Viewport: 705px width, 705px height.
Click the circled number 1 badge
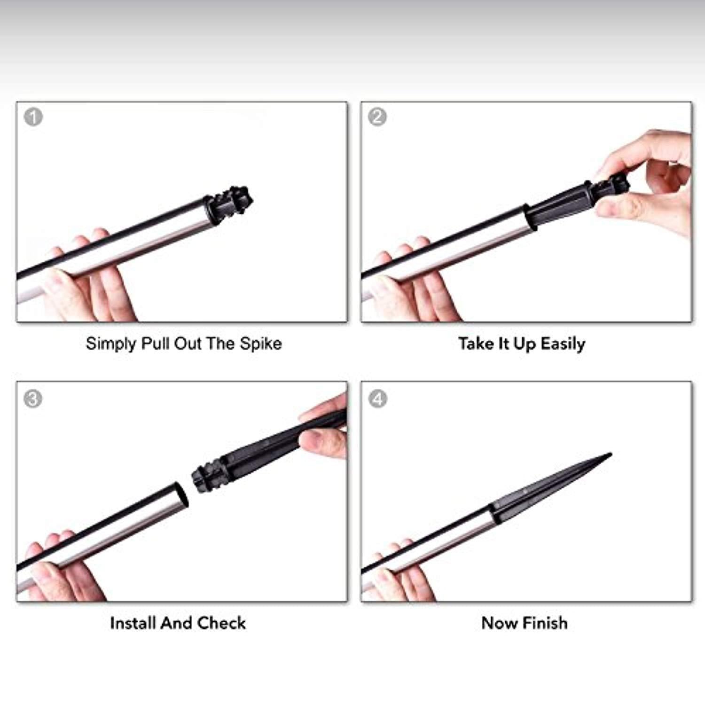[x=33, y=117]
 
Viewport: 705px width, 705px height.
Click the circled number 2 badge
[x=377, y=117]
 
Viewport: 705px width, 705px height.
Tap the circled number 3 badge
[x=33, y=399]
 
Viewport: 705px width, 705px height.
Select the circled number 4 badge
[x=378, y=399]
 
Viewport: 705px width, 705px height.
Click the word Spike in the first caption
[x=261, y=344]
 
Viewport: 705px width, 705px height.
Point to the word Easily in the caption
[x=563, y=344]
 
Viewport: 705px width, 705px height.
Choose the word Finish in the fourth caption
[x=545, y=623]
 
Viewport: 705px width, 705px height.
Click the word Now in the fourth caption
[x=500, y=623]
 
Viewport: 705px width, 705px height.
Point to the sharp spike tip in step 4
[x=610, y=454]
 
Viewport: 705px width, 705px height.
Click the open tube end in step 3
[x=181, y=494]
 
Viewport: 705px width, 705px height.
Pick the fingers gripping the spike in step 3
[x=324, y=428]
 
